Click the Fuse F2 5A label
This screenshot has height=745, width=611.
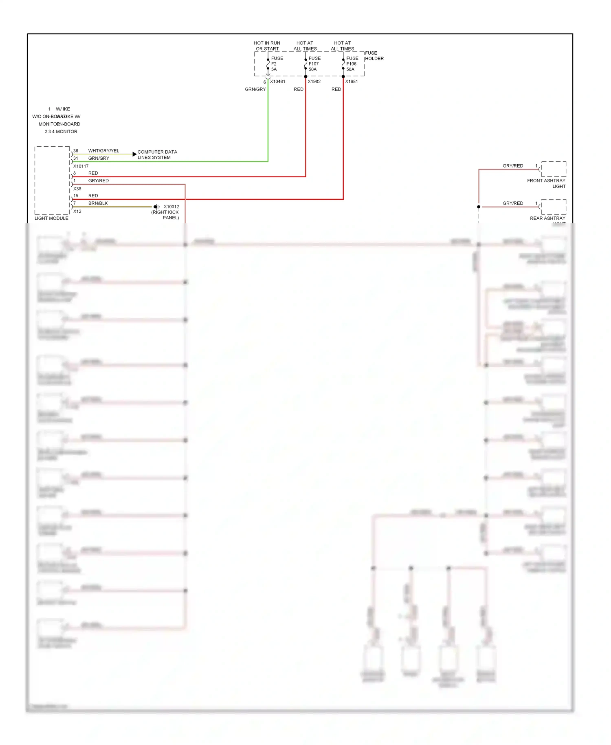click(x=277, y=64)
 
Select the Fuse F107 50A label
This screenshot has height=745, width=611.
click(x=314, y=64)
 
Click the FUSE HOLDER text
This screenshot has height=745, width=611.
click(x=374, y=56)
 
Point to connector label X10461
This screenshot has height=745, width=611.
click(x=277, y=82)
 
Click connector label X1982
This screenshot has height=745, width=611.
click(x=314, y=82)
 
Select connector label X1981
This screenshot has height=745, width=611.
click(x=352, y=82)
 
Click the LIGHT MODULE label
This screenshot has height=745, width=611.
click(x=51, y=218)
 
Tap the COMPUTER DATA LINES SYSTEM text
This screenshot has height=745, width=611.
click(x=157, y=154)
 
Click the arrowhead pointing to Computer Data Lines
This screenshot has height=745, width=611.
click(x=134, y=154)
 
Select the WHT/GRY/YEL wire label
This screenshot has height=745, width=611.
click(x=103, y=151)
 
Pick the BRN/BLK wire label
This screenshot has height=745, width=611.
click(x=98, y=203)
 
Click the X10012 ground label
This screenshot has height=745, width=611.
click(x=171, y=207)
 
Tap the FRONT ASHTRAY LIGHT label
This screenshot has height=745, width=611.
click(x=546, y=183)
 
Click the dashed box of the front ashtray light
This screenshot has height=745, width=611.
click(x=554, y=169)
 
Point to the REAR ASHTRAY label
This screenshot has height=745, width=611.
click(x=547, y=218)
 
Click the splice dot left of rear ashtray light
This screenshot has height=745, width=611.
click(x=479, y=207)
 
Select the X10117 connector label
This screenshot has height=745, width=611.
click(x=81, y=166)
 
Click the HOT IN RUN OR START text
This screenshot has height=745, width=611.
click(x=267, y=46)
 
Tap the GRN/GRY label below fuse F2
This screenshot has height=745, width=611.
click(x=255, y=89)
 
